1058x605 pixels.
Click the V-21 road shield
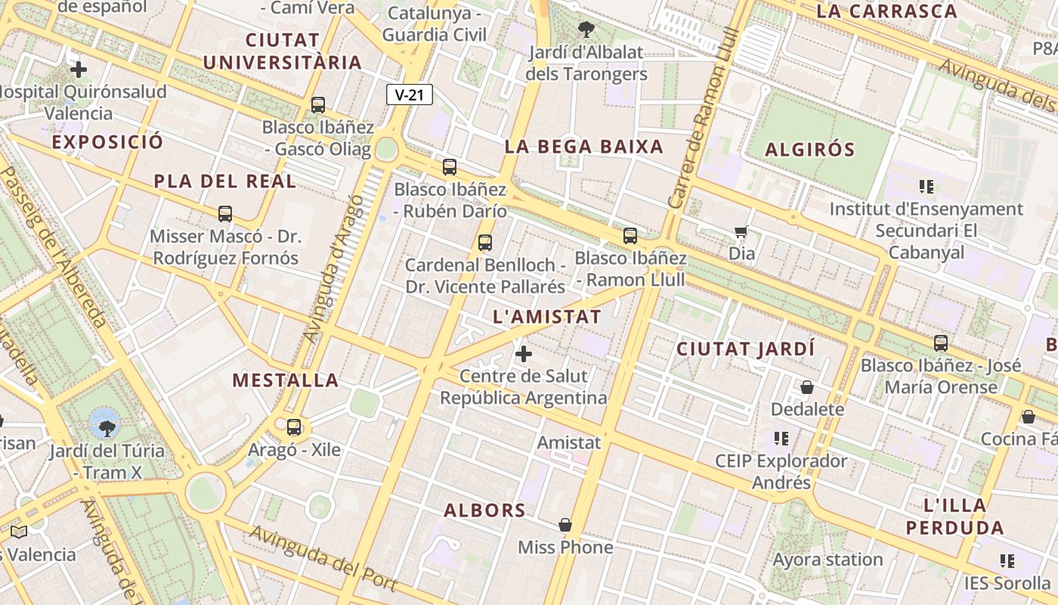[409, 95]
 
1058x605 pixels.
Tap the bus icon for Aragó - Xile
[294, 427]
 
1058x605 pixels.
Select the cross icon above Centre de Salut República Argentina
[523, 353]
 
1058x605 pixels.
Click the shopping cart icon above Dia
[741, 231]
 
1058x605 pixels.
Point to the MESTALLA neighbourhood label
[285, 380]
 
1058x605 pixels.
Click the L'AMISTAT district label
[546, 317]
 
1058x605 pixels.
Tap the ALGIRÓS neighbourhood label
[809, 150]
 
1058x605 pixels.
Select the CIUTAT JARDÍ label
[745, 349]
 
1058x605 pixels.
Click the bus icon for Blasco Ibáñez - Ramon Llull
[630, 236]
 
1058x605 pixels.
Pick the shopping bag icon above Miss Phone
[565, 525]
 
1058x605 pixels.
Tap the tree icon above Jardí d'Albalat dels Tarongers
[586, 30]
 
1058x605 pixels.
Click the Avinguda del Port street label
[323, 557]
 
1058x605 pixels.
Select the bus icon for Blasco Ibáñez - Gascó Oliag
[318, 105]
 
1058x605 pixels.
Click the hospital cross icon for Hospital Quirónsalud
[78, 70]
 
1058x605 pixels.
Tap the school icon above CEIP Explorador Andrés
[781, 439]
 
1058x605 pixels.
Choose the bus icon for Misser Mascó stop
[224, 214]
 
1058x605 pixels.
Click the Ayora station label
[828, 560]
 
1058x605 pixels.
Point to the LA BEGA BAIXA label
[583, 147]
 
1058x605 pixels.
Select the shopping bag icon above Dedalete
[807, 387]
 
